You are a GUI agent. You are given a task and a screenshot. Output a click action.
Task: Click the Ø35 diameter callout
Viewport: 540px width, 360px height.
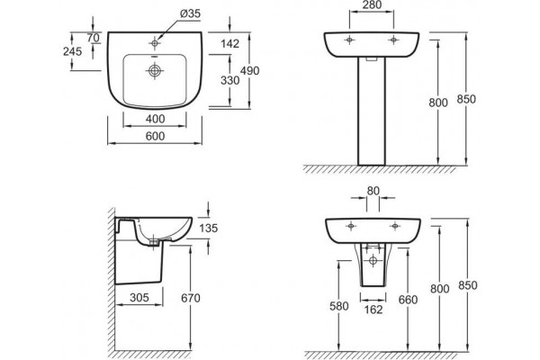coord(190,13)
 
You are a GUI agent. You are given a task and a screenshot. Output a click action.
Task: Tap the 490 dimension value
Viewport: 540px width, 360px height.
coord(249,70)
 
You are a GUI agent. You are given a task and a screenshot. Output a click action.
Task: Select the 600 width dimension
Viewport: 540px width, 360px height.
coord(155,136)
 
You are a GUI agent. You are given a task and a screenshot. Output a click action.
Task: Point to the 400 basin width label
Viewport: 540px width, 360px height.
coord(155,119)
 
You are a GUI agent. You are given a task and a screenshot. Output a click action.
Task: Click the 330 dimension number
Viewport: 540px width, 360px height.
coord(229,80)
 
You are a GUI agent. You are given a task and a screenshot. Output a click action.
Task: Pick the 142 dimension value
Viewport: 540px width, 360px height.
coord(229,44)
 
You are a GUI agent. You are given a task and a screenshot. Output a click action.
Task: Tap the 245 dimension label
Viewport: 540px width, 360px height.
coord(72,51)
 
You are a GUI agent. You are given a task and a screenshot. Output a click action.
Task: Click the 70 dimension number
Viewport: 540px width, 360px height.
coord(93,38)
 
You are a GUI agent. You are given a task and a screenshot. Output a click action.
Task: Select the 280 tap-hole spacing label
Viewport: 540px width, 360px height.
coord(373,4)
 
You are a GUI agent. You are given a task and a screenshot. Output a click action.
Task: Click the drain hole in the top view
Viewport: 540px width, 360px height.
coord(155,70)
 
